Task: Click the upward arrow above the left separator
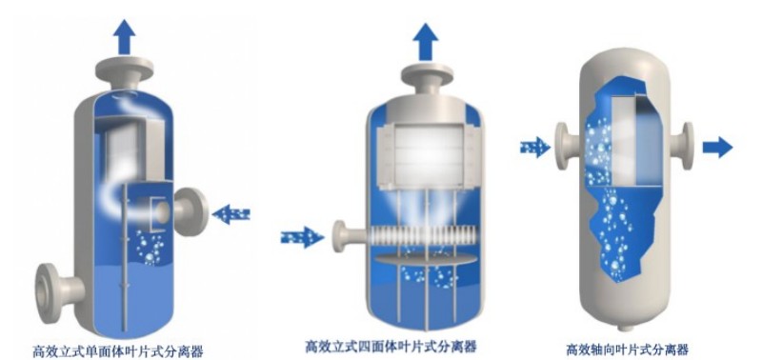tap(124, 36)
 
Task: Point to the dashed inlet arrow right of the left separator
tap(231, 215)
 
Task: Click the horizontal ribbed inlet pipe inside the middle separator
tap(419, 233)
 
